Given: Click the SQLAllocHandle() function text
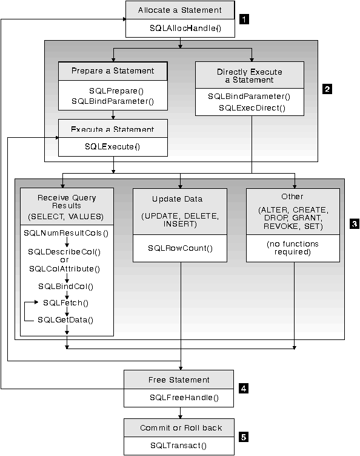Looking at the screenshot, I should pos(179,29).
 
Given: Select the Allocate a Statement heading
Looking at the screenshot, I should pos(179,10).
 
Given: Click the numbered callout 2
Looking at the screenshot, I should pos(327,89).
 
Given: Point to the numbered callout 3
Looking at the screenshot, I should pos(355,223).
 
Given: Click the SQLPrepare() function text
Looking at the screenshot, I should pos(113,90).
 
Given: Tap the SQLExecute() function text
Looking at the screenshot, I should pos(113,146).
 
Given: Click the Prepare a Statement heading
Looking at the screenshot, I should pos(113,71).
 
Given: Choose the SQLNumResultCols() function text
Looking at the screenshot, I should pos(66,233).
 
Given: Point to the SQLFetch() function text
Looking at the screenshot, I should pos(64,302).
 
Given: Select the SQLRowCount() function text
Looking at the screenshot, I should pos(179,249).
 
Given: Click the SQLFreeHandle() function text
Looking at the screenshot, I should pos(179,398).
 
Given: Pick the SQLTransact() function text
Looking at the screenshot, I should pos(179,446).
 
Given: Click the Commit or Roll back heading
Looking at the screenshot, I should pos(179,427).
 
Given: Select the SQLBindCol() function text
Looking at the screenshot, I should pos(66,285).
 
